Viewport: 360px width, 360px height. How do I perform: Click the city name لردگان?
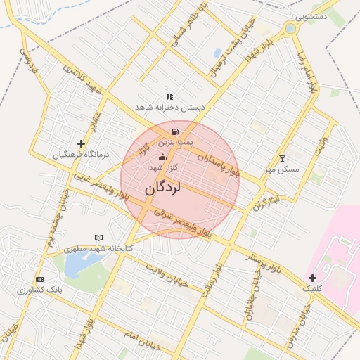[x=163, y=188]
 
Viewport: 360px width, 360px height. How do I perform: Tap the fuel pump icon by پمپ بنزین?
[x=174, y=131]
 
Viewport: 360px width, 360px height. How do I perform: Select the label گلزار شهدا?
[x=163, y=169]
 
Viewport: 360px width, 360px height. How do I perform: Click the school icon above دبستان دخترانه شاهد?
[x=169, y=96]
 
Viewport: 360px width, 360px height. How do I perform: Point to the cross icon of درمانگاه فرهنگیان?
[x=82, y=143]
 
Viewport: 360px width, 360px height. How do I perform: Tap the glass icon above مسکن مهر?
[x=283, y=158]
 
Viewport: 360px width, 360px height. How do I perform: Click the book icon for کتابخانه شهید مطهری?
[x=98, y=238]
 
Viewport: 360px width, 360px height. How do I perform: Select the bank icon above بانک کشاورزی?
[x=39, y=279]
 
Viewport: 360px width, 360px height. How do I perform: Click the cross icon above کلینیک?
[x=312, y=278]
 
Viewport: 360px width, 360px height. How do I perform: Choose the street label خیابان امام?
[x=141, y=338]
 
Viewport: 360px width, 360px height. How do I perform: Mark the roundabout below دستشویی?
[x=290, y=29]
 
